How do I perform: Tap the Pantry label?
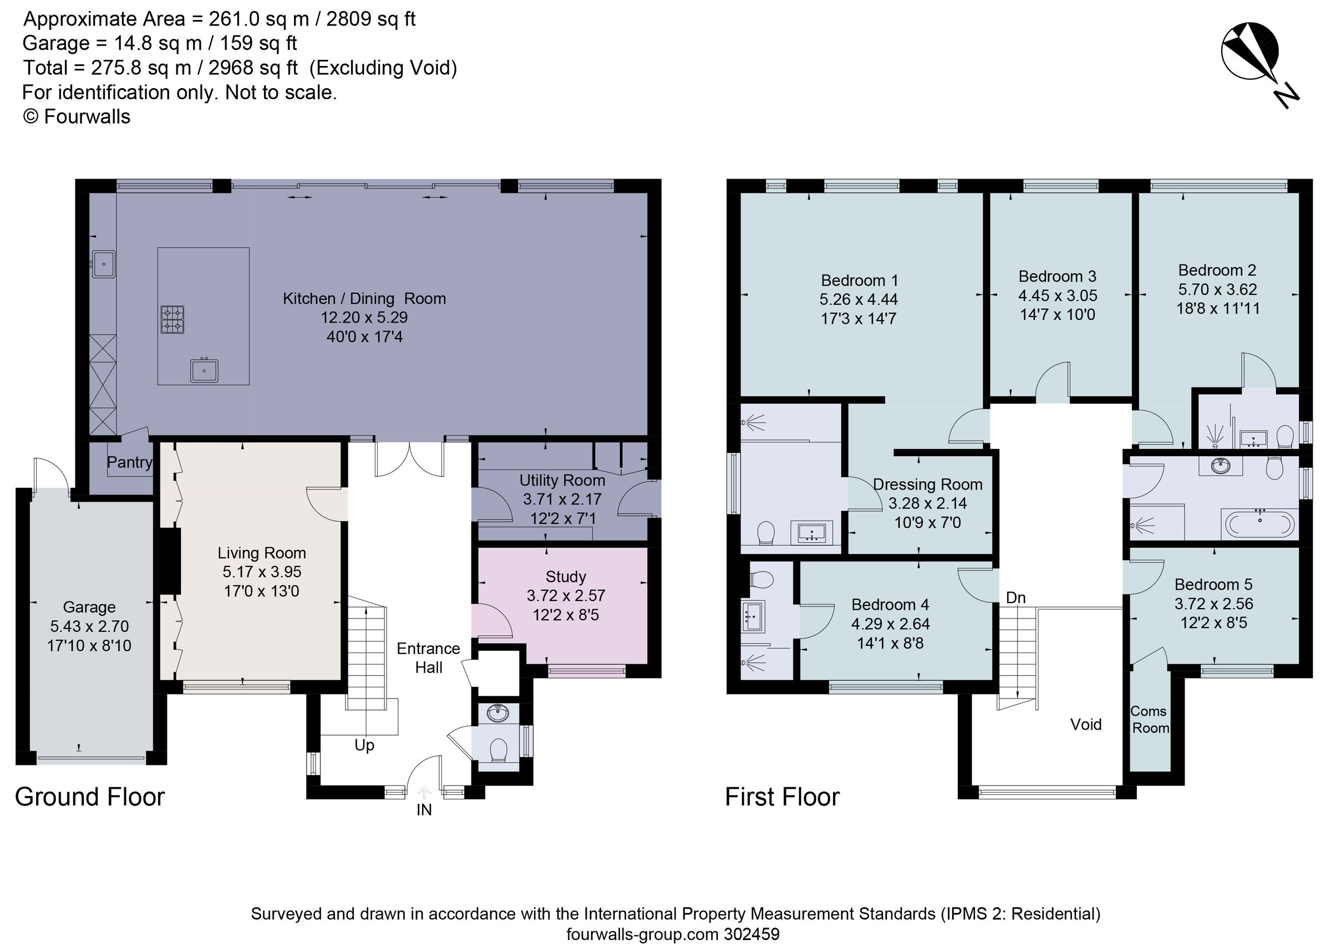[x=129, y=462]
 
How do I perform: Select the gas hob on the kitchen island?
[x=172, y=320]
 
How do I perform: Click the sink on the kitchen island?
[x=204, y=370]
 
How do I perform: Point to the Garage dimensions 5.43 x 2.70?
[x=89, y=626]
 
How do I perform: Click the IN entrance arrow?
[x=424, y=793]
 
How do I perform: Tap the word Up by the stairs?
[x=364, y=746]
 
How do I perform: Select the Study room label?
[x=565, y=576]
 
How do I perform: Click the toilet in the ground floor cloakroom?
[x=498, y=751]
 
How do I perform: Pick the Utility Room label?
[x=562, y=481]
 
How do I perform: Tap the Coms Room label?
[x=1149, y=720]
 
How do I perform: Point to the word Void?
[x=1085, y=724]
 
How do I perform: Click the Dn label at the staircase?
[x=1016, y=598]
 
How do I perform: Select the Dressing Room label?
[x=927, y=484]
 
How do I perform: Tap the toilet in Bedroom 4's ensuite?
[x=761, y=580]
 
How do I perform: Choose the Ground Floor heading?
[x=90, y=797]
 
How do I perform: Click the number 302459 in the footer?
[x=751, y=934]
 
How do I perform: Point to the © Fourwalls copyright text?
[x=77, y=117]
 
